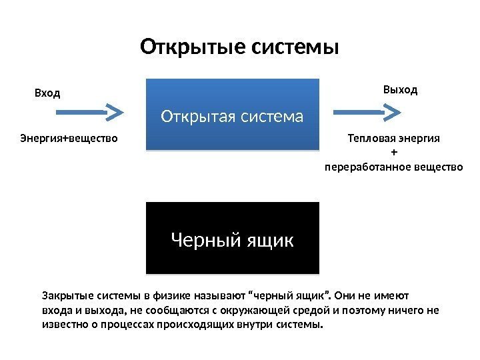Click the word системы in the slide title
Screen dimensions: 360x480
coord(295,48)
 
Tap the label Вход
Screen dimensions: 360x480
coord(47,93)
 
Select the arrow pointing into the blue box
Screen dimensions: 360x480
coord(92,112)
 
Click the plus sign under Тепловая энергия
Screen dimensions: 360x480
coord(393,151)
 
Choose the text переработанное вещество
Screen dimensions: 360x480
coord(393,164)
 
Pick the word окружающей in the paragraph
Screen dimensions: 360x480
coord(282,310)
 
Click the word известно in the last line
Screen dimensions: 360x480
coord(64,325)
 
